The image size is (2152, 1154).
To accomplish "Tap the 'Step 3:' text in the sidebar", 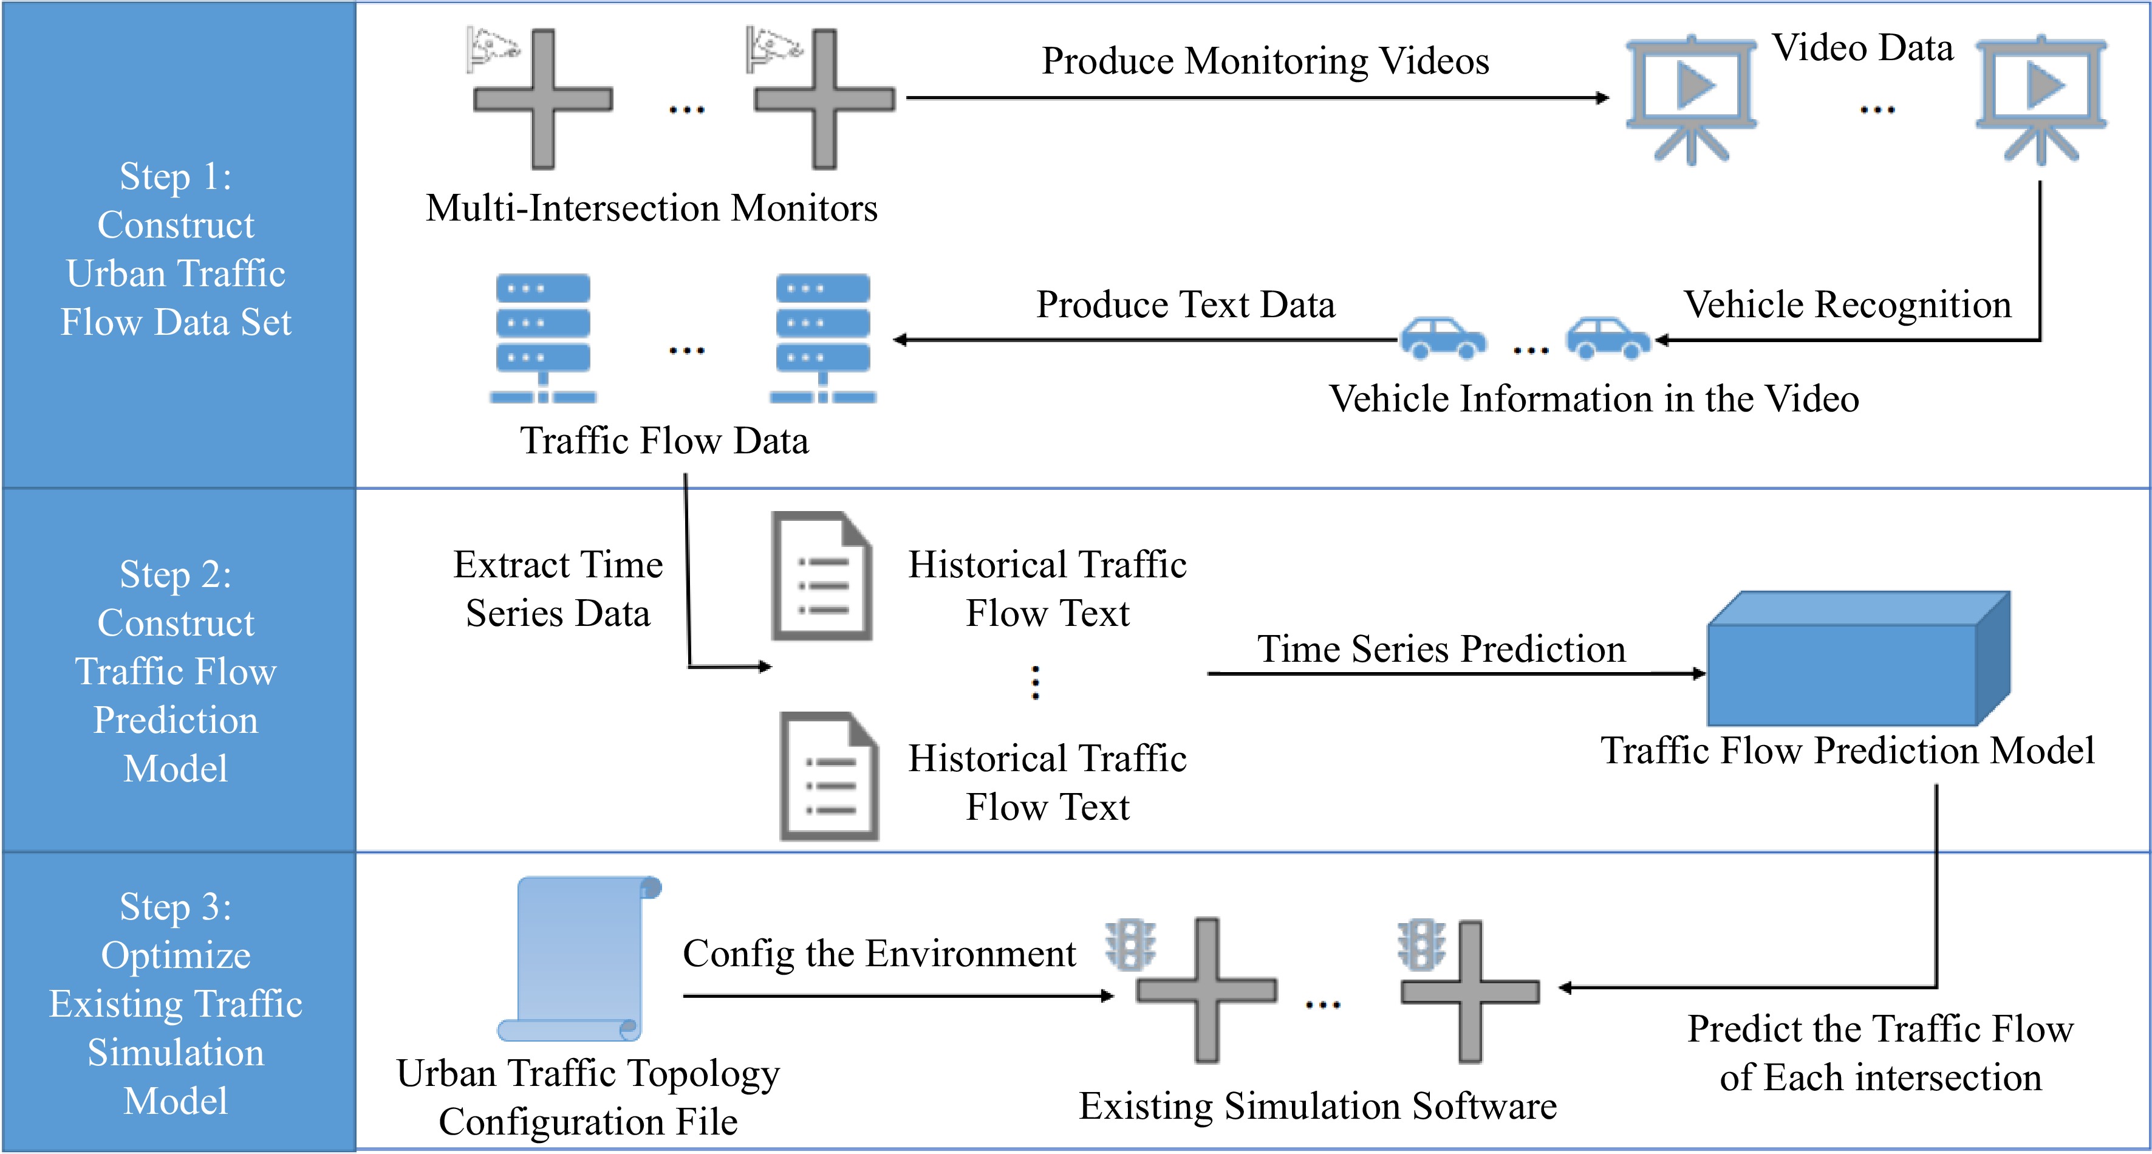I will coord(176,907).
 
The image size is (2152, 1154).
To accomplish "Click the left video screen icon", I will coord(1691,96).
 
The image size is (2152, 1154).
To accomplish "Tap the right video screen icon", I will coord(2041,96).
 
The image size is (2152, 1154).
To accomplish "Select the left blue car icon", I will coord(1443,338).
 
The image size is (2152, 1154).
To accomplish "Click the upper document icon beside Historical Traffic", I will coord(822,577).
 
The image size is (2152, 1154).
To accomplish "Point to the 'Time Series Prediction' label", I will coord(1441,649).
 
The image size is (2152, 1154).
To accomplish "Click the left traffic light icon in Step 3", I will coord(1130,945).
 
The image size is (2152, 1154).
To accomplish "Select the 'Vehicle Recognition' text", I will coord(1846,305).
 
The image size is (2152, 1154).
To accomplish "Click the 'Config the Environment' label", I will coord(879,953).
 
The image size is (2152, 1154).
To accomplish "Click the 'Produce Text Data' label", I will coord(1186,305).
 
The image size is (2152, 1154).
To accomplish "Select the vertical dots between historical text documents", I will coord(1035,682).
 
